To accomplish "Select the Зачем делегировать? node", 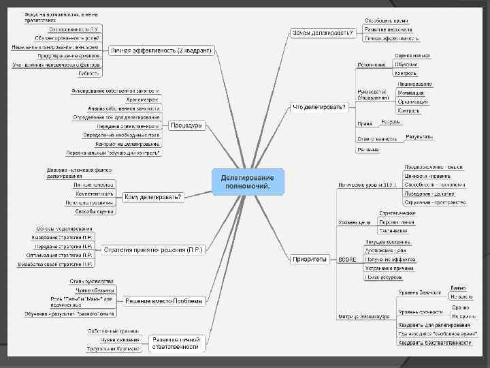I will tap(323, 32).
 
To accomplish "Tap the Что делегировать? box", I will tap(319, 107).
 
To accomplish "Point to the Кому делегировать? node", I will tap(153, 198).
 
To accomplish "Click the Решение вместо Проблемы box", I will tap(164, 301).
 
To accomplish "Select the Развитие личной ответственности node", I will tap(176, 343).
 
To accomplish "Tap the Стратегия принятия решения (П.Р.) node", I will tap(153, 249).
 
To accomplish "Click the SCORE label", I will tap(347, 260).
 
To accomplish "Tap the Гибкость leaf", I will tap(89, 73).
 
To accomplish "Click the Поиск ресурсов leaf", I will tap(382, 277).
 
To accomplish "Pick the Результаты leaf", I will tap(419, 137).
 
